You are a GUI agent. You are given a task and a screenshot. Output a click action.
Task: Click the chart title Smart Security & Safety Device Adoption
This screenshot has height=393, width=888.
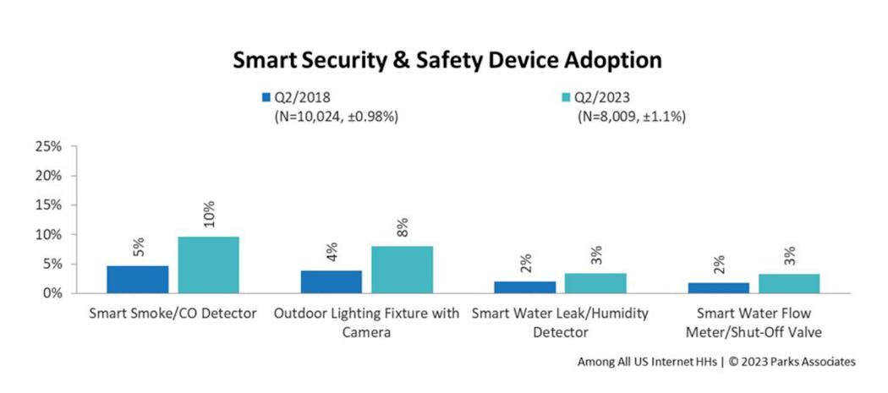tap(447, 61)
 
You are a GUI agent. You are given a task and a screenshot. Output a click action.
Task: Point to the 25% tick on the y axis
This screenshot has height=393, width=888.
tap(47, 147)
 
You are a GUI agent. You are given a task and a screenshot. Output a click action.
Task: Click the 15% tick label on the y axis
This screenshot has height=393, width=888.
tap(47, 205)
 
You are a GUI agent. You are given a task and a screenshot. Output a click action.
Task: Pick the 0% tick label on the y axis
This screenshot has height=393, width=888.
tap(51, 293)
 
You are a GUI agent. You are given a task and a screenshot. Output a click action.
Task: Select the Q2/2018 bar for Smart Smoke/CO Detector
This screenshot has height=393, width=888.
tap(137, 279)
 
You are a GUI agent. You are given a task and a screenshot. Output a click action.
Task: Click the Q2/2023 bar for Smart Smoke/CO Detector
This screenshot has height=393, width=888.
tap(208, 265)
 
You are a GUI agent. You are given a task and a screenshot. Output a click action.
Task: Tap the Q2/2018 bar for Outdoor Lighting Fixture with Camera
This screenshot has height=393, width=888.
tap(331, 281)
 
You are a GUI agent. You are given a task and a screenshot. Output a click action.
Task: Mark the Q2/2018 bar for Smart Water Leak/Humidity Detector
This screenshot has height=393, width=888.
tap(524, 287)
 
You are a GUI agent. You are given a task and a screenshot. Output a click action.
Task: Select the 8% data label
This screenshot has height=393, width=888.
tap(403, 227)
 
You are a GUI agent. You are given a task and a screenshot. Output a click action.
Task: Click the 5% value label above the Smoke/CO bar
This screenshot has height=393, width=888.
tap(138, 247)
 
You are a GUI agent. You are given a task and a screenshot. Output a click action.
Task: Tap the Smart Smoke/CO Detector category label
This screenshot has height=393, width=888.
tap(173, 314)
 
